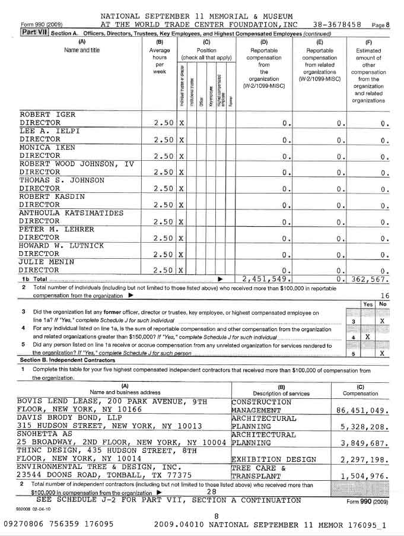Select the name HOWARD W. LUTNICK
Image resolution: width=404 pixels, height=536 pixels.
pyautogui.click(x=61, y=245)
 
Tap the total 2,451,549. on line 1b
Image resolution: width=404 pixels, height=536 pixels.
pyautogui.click(x=266, y=278)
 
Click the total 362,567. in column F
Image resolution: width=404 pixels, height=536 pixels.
pyautogui.click(x=368, y=278)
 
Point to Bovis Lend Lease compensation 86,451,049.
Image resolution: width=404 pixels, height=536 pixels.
pyautogui.click(x=362, y=410)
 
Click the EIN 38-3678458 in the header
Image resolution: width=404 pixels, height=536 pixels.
pyautogui.click(x=337, y=25)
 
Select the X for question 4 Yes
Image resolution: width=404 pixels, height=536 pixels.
pyautogui.click(x=368, y=337)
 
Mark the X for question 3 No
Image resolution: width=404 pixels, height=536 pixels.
pyautogui.click(x=383, y=321)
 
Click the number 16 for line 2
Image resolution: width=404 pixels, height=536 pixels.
pyautogui.click(x=384, y=296)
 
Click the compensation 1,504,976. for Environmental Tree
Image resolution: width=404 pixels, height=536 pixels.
pyautogui.click(x=364, y=475)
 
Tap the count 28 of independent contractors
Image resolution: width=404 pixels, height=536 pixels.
pyautogui.click(x=211, y=492)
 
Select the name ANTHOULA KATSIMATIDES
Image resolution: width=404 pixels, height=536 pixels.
pyautogui.click(x=71, y=213)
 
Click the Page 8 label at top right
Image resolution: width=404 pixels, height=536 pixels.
pyautogui.click(x=380, y=26)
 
